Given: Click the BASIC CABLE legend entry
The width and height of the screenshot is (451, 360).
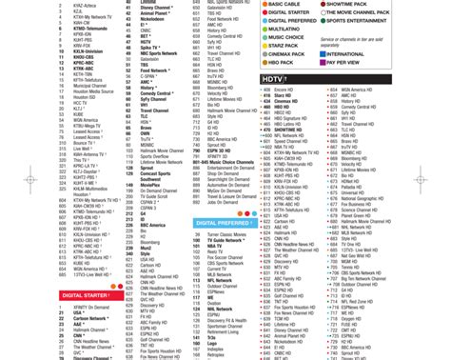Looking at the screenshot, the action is (289, 4).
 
